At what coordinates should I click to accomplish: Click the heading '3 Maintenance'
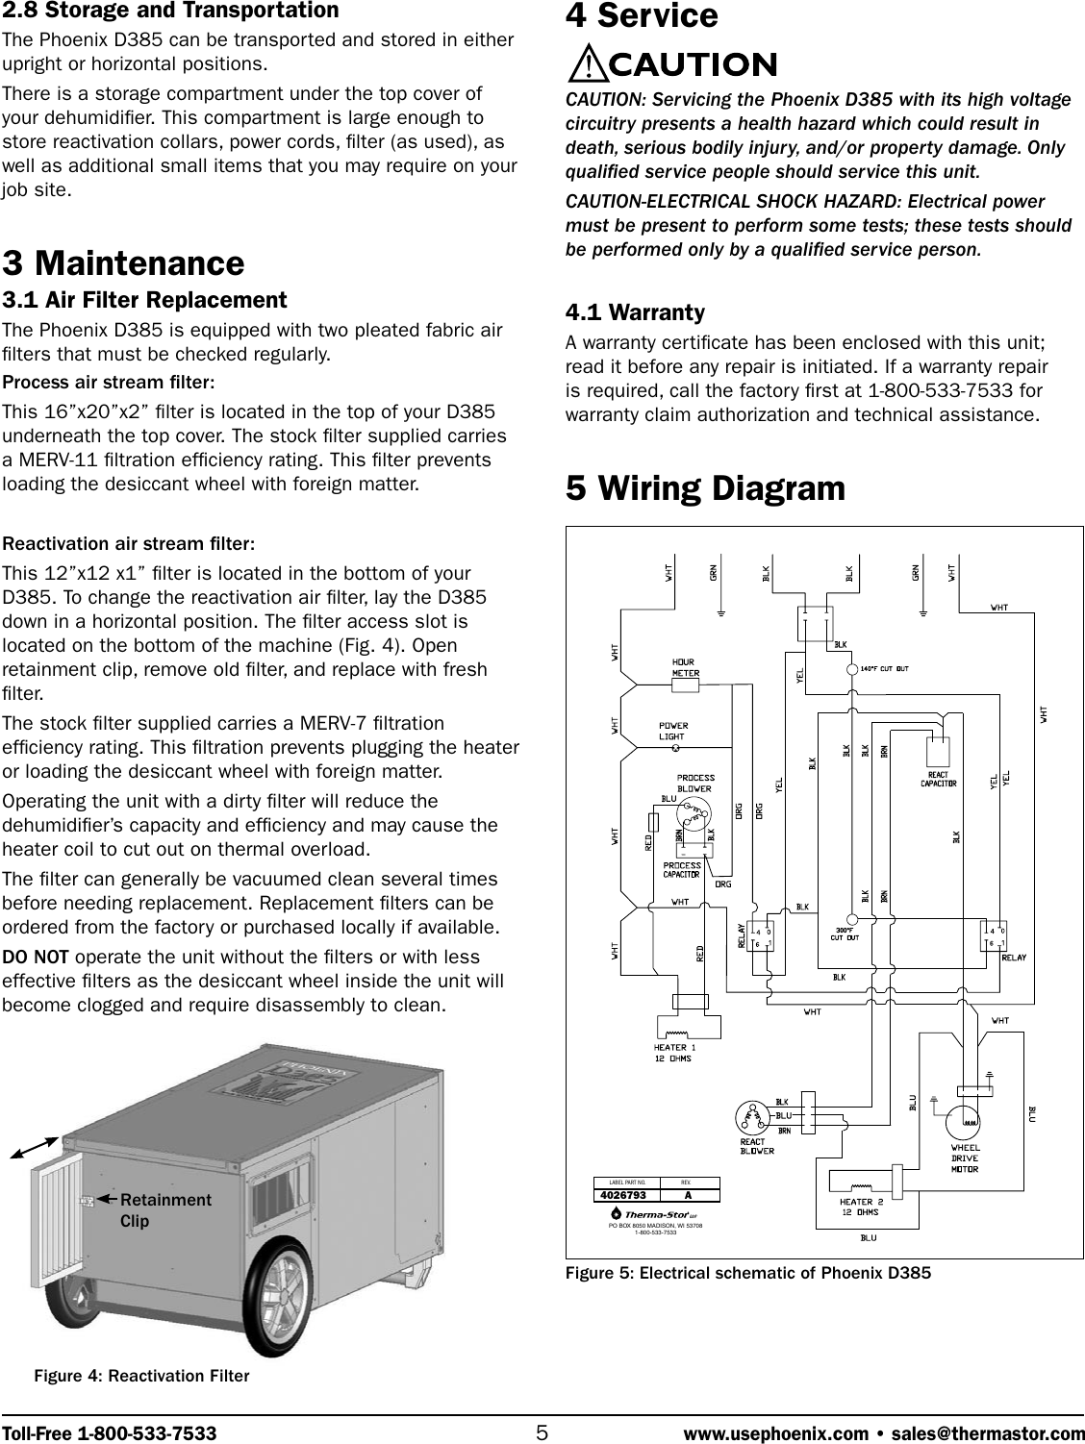tap(123, 262)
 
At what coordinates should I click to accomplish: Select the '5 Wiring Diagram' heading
tap(705, 488)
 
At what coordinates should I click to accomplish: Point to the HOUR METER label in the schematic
tap(685, 668)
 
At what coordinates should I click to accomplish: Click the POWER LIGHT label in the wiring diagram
tap(673, 731)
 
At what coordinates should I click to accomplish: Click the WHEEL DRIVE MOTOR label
tap(965, 1158)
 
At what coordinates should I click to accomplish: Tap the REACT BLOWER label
tap(755, 1146)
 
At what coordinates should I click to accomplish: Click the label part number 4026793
tap(623, 1195)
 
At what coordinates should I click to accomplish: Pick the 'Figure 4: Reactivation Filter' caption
tap(141, 1376)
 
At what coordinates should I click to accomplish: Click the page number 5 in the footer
tap(542, 1432)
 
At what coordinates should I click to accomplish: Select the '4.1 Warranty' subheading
tap(635, 312)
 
